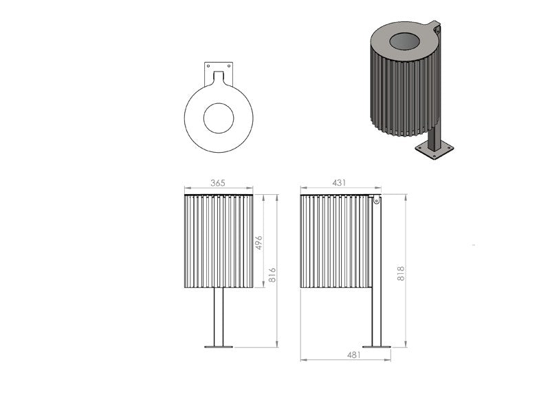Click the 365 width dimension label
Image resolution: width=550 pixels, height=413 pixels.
click(217, 183)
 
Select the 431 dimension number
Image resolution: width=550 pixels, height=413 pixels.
click(339, 183)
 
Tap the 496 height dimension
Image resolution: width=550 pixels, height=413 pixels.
click(259, 243)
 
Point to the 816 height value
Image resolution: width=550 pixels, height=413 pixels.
click(272, 275)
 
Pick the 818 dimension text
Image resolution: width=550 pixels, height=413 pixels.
click(401, 273)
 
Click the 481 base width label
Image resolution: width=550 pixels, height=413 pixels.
click(354, 355)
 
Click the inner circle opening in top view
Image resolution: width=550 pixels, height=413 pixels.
click(219, 118)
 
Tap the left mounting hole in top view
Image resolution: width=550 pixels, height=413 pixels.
click(208, 65)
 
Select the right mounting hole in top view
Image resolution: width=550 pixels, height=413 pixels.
click(230, 65)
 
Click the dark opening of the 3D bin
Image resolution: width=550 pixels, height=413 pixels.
click(404, 41)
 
